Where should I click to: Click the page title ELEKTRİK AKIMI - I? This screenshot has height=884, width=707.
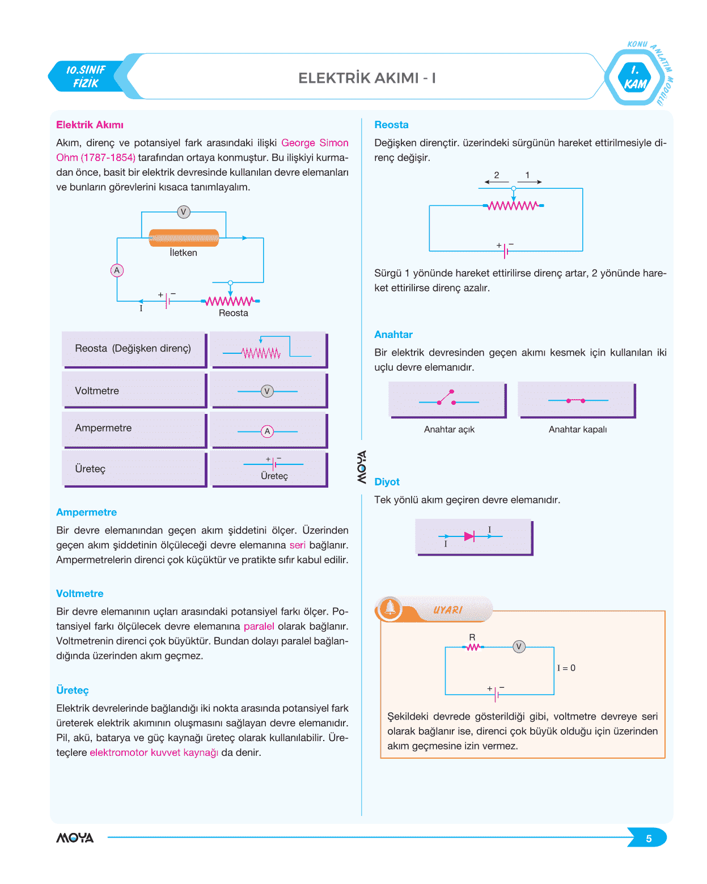pyautogui.click(x=367, y=78)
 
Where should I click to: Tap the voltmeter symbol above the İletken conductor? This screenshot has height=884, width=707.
pyautogui.click(x=183, y=212)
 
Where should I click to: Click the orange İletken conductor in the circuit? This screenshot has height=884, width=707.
pyautogui.click(x=184, y=238)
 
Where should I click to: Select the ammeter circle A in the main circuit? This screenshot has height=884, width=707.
pyautogui.click(x=117, y=270)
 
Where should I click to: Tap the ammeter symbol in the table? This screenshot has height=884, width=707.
pyautogui.click(x=268, y=432)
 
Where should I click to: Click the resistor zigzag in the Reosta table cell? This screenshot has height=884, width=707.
pyautogui.click(x=261, y=354)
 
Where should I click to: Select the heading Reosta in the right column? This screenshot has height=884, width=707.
pyautogui.click(x=391, y=125)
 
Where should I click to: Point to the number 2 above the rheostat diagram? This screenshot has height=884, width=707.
pyautogui.click(x=497, y=175)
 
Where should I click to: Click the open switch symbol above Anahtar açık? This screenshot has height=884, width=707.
pyautogui.click(x=447, y=398)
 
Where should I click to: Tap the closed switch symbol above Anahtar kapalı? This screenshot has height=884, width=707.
pyautogui.click(x=575, y=400)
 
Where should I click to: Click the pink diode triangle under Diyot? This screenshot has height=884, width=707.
pyautogui.click(x=469, y=536)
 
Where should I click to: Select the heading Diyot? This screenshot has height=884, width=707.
pyautogui.click(x=387, y=482)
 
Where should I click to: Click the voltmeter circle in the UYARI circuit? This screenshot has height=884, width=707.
pyautogui.click(x=519, y=646)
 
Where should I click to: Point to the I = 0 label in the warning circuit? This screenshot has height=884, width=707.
pyautogui.click(x=566, y=668)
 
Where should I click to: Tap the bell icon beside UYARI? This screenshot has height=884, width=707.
pyautogui.click(x=390, y=608)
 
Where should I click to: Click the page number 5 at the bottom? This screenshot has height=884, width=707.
pyautogui.click(x=649, y=839)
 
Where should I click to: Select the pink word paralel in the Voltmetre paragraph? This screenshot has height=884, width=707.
pyautogui.click(x=259, y=627)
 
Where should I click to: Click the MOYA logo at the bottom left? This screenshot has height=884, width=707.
pyautogui.click(x=75, y=838)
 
